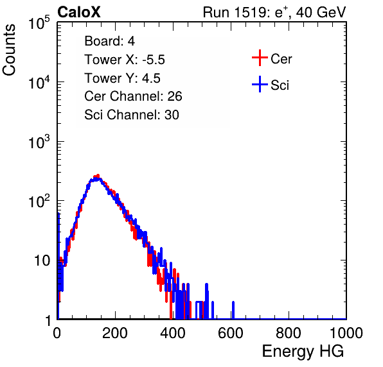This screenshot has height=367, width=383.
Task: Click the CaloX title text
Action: pyautogui.click(x=78, y=12)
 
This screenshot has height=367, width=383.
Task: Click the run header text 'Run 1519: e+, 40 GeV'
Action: pyautogui.click(x=274, y=12)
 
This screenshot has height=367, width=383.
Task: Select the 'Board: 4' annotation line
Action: pyautogui.click(x=109, y=41)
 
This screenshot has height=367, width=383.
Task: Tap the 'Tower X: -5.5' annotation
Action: pyautogui.click(x=125, y=60)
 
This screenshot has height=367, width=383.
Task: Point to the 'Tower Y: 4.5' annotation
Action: pyautogui.click(x=122, y=78)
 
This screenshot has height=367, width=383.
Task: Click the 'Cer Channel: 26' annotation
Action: pyautogui.click(x=133, y=96)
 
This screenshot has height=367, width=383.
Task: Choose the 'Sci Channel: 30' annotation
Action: pyautogui.click(x=132, y=115)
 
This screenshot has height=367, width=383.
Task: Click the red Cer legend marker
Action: pyautogui.click(x=260, y=58)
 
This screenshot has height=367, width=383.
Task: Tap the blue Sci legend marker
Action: pyautogui.click(x=260, y=84)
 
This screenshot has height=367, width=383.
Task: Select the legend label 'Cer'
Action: pyautogui.click(x=281, y=59)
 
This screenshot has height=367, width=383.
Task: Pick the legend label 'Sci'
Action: pyautogui.click(x=280, y=85)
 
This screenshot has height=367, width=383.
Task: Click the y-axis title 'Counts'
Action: pyautogui.click(x=9, y=50)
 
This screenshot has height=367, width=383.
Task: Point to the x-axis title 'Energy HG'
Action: pyautogui.click(x=303, y=351)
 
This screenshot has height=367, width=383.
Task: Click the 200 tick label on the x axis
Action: pyautogui.click(x=115, y=333)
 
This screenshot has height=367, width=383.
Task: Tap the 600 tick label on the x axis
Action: pyautogui.click(x=231, y=333)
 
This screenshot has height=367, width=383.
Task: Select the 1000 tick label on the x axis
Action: pyautogui.click(x=346, y=333)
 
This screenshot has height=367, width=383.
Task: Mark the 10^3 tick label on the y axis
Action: pyautogui.click(x=39, y=141)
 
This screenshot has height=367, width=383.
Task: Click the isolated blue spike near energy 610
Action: pyautogui.click(x=233, y=310)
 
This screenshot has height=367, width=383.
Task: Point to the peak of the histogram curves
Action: pyautogui.click(x=98, y=176)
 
